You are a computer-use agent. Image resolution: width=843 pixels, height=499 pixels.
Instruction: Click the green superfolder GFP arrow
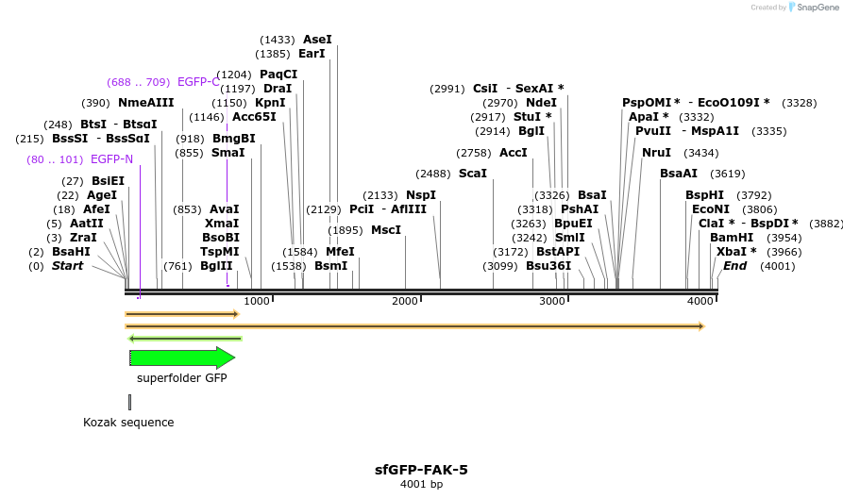181,358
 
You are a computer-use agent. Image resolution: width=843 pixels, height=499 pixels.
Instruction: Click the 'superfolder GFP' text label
181,378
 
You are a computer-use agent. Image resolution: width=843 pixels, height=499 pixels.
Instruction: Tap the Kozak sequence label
128,423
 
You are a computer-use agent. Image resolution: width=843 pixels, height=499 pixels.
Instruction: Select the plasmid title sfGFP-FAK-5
421,469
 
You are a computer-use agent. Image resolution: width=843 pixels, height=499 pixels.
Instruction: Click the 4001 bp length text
421,485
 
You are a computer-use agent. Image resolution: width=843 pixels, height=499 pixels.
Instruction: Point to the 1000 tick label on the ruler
258,301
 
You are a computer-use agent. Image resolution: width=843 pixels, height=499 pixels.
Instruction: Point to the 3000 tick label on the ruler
552,301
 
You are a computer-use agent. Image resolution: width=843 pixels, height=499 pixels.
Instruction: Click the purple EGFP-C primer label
198,82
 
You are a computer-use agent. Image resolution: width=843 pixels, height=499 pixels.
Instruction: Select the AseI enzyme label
317,40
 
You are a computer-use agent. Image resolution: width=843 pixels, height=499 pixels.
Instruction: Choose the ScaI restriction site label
473,174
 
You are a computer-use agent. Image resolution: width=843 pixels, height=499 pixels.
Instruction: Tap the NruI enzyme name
656,153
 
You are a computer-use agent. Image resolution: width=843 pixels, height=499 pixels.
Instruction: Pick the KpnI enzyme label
270,103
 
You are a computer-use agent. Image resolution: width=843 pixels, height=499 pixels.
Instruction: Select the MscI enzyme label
385,230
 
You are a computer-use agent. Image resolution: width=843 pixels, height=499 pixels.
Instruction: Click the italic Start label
67,266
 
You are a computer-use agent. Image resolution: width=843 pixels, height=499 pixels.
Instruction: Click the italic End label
734,266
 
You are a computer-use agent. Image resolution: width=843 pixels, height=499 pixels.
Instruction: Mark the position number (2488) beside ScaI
433,174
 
